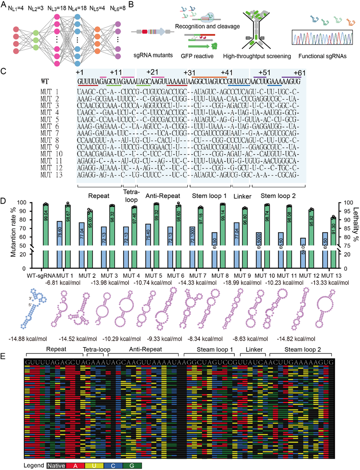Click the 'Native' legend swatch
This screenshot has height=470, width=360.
(56, 465)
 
